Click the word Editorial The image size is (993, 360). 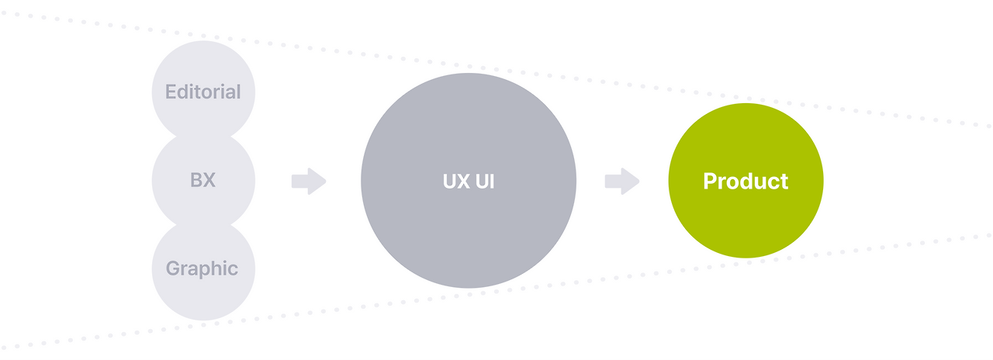point(202,92)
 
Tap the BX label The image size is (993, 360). point(202,181)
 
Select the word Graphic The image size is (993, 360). point(202,269)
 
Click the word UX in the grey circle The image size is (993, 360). point(455,182)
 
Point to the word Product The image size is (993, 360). point(746,182)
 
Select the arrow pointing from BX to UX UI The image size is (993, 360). point(309,182)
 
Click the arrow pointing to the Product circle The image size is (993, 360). point(622,182)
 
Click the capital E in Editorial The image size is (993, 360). point(171,92)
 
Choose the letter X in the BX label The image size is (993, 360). point(209,181)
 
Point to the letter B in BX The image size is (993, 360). point(195,181)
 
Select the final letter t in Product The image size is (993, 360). point(784,182)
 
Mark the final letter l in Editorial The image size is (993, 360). point(238,92)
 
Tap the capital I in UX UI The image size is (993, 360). point(492,182)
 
